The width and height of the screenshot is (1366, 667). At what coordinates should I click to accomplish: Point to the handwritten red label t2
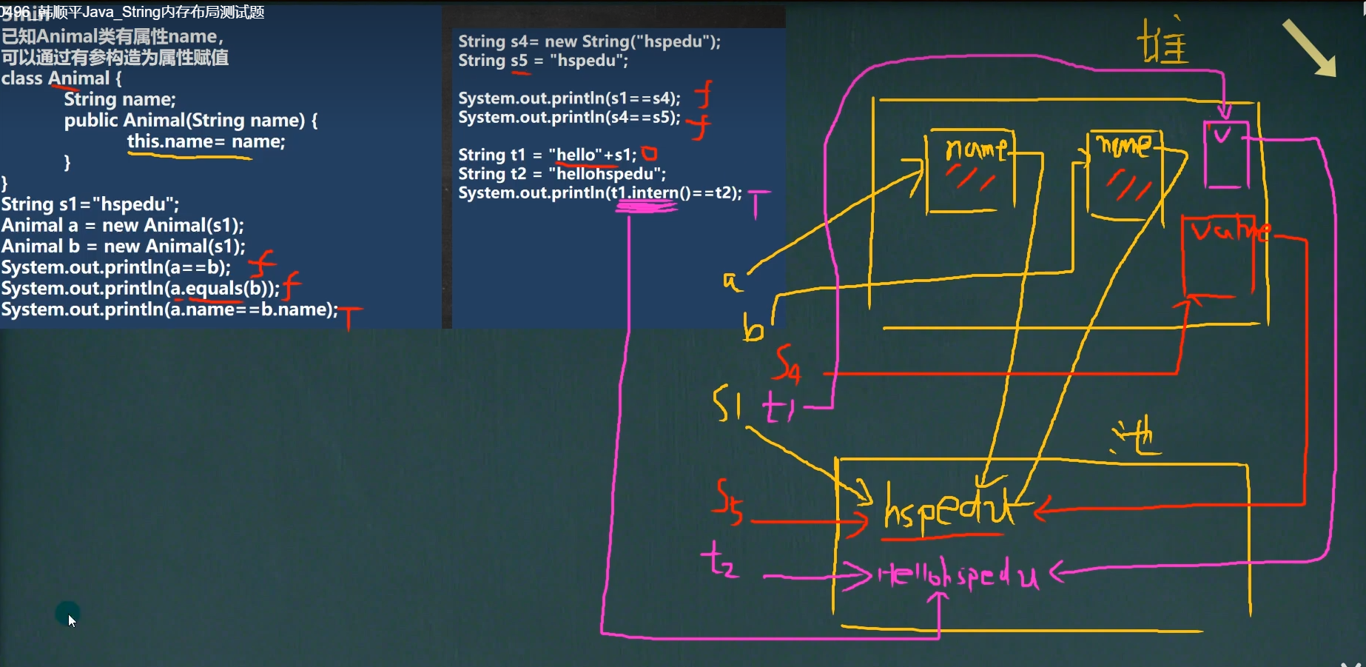[719, 560]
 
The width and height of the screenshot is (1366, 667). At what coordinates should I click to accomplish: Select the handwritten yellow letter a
[731, 281]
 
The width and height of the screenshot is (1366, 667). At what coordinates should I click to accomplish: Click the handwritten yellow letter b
[753, 327]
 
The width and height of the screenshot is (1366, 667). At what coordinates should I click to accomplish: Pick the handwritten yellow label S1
[727, 403]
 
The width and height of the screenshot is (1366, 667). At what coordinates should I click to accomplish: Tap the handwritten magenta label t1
[778, 406]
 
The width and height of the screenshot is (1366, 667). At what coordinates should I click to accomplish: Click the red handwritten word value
[1229, 232]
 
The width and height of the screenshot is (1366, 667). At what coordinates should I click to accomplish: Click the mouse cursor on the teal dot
[68, 615]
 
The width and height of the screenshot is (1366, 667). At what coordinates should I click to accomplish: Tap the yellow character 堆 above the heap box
[1163, 42]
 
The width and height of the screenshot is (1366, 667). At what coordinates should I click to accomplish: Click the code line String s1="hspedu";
[90, 204]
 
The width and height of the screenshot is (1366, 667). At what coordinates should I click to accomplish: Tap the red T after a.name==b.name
[349, 316]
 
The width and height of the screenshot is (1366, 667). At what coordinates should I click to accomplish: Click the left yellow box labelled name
[971, 171]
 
